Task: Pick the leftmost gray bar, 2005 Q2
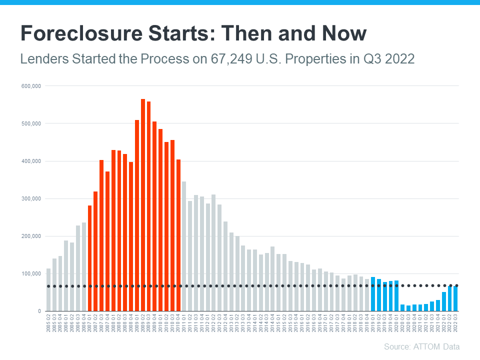[x=48, y=289]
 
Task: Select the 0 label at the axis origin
[x=38, y=311]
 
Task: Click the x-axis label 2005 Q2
[x=48, y=322]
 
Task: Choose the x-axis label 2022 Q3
[x=455, y=322]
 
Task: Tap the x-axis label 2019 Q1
[x=373, y=322]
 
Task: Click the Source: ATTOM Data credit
[x=421, y=346]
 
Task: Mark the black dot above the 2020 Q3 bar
[x=408, y=286]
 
